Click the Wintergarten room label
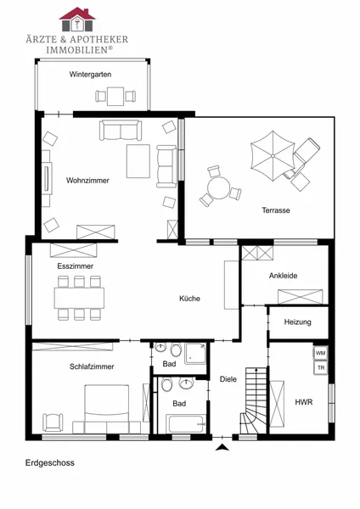[90, 75]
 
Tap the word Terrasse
[276, 210]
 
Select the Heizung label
[298, 322]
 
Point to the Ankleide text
[283, 276]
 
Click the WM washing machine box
[321, 353]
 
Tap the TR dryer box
[321, 368]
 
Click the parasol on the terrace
[273, 156]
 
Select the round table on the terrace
[219, 188]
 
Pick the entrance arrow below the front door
[222, 447]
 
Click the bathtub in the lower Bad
[186, 423]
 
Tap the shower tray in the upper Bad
[195, 353]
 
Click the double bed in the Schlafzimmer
[107, 409]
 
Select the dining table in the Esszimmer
[79, 298]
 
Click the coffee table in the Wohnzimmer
[138, 161]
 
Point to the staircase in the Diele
[254, 400]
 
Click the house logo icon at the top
[77, 20]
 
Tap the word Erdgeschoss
[50, 462]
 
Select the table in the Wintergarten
[115, 97]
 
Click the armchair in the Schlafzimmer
[53, 422]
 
